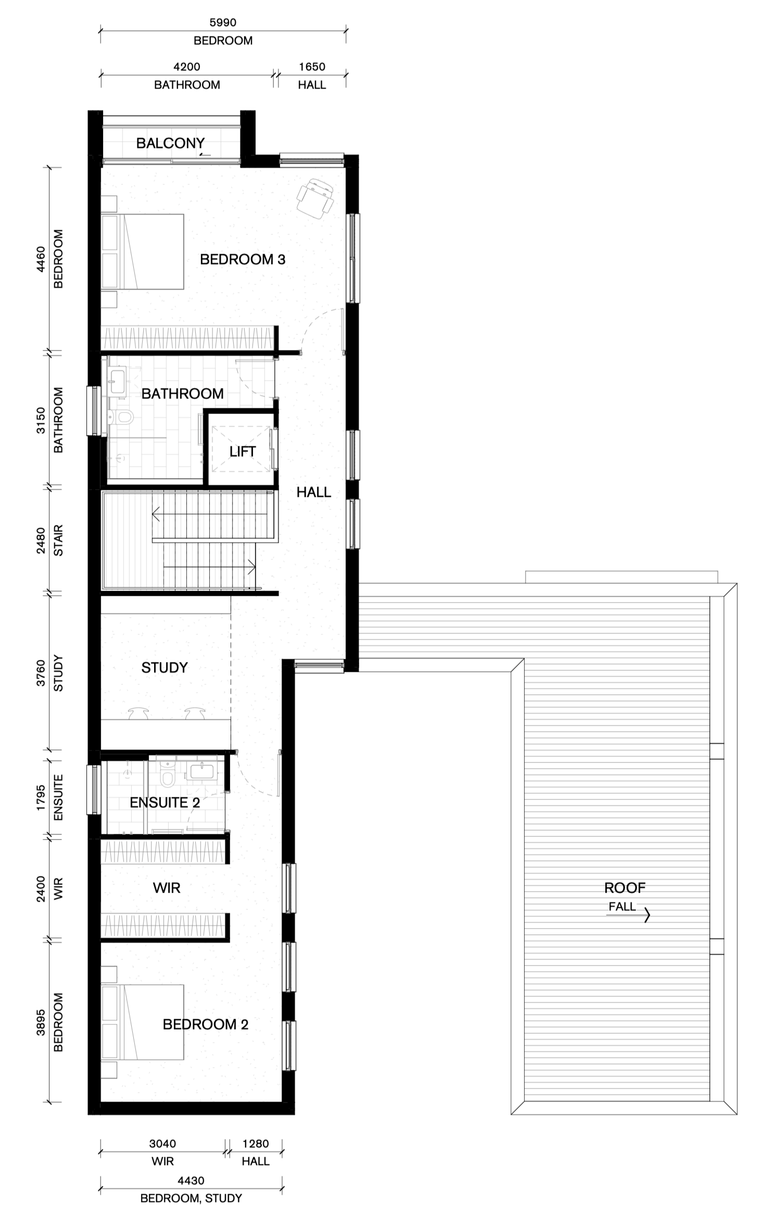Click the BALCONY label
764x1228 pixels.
point(170,143)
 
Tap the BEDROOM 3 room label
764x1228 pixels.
point(243,259)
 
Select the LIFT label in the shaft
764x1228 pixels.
point(243,452)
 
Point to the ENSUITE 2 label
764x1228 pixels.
point(164,803)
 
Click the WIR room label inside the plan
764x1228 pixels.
point(167,887)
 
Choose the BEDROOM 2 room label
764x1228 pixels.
point(206,1024)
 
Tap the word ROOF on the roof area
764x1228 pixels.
point(625,888)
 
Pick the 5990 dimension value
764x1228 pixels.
point(223,22)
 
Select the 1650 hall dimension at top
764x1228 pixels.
point(312,67)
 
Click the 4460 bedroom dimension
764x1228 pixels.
point(41,259)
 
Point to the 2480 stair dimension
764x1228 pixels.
point(41,541)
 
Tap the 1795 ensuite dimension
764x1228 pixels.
point(41,798)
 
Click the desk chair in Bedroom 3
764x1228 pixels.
point(315,198)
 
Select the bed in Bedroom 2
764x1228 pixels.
point(143,1022)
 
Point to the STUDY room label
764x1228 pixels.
point(164,668)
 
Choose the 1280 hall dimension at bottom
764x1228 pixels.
point(256,1144)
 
